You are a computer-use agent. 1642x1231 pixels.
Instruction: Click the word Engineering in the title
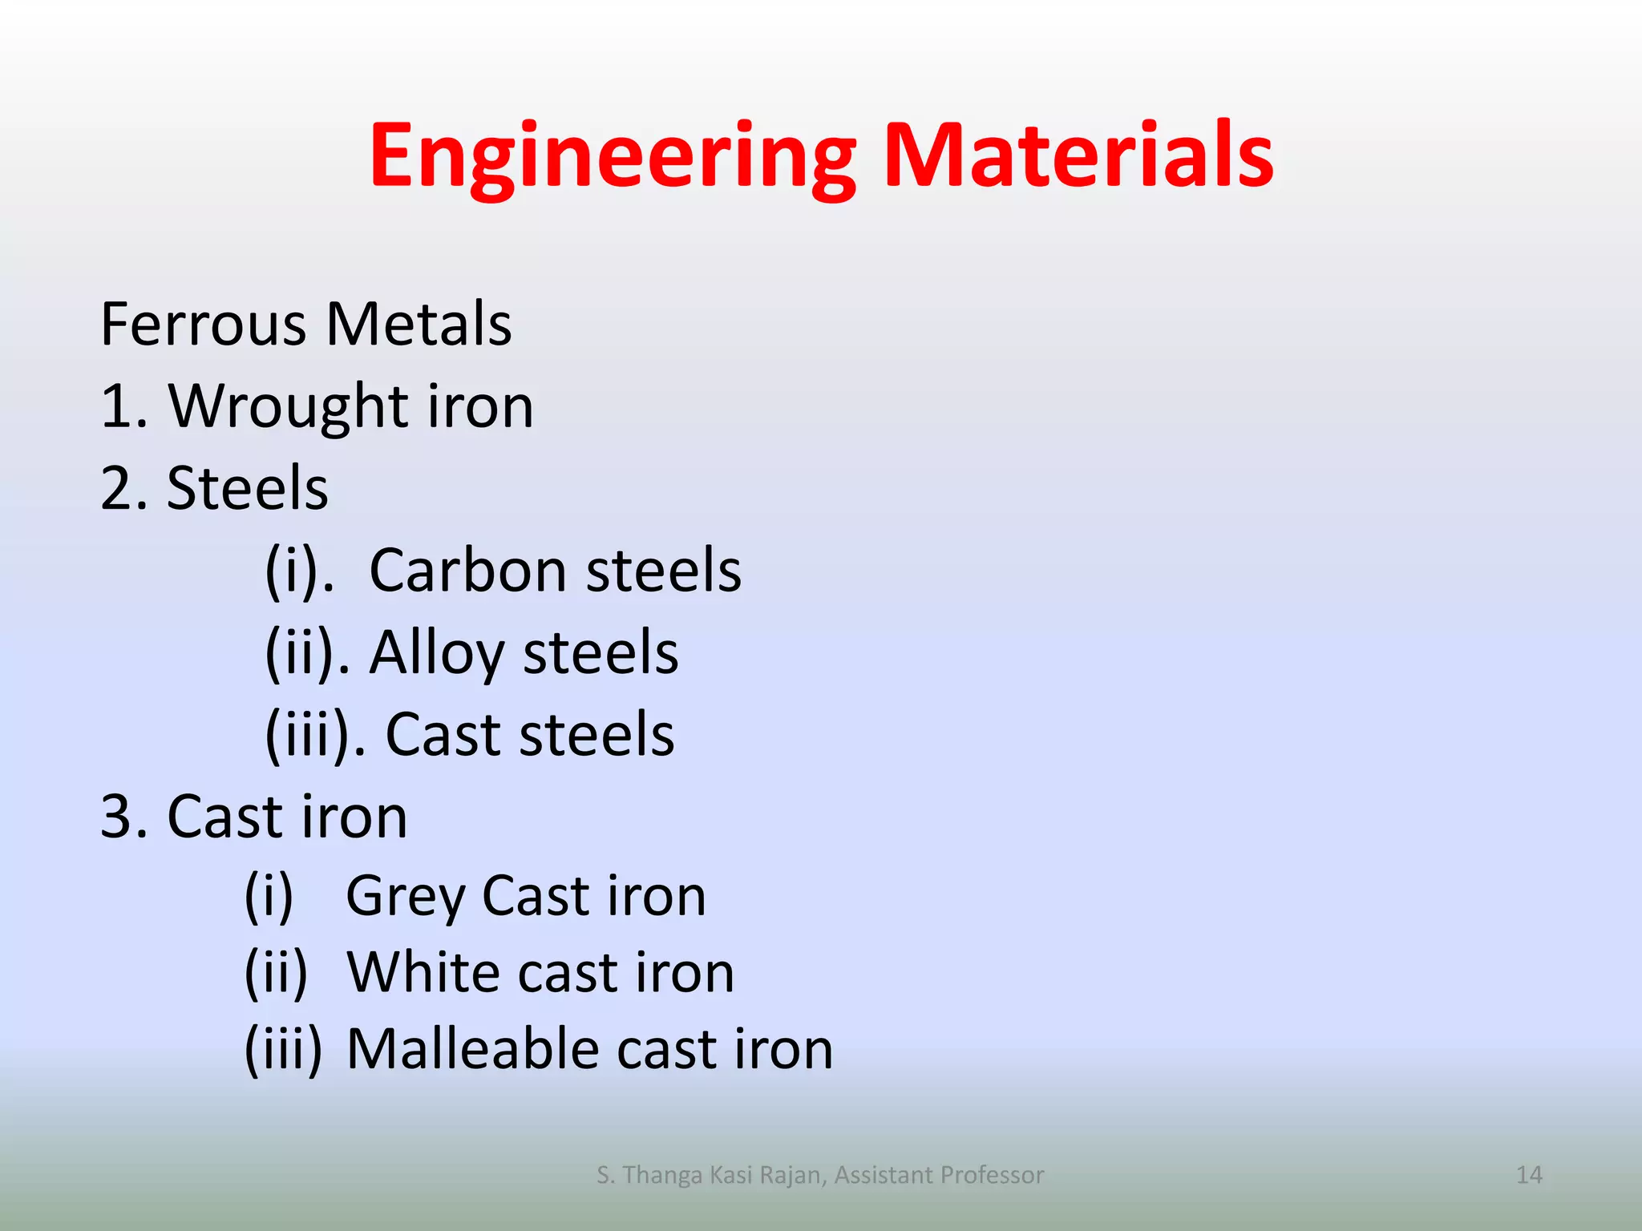(x=613, y=157)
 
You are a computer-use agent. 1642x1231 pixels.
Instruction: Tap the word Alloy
(x=436, y=654)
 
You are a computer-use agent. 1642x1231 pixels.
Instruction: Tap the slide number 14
(x=1529, y=1175)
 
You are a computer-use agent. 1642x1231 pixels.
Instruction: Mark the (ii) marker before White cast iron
(x=276, y=973)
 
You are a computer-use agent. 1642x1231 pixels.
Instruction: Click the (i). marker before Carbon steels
(x=299, y=571)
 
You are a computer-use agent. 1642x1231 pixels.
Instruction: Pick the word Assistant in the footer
(x=883, y=1175)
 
